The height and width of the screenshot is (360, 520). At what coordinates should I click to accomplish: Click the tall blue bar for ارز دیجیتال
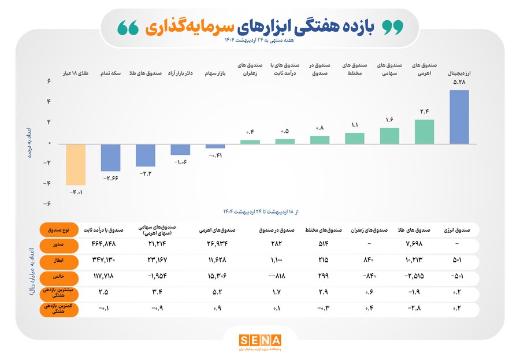[x=459, y=117]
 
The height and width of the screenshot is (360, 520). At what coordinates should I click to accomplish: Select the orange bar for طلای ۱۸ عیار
[x=75, y=164]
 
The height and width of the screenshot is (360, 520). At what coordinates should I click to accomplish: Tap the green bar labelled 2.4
[x=424, y=132]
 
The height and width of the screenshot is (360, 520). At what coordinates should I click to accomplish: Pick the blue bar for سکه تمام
[x=110, y=157]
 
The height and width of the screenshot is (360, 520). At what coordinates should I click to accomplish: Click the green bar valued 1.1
[x=355, y=138]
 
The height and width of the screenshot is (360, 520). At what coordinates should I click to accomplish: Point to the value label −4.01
[x=76, y=191]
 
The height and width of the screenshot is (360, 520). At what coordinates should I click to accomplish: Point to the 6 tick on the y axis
[x=50, y=81]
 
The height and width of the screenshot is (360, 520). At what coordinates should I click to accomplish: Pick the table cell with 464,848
[x=104, y=245]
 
